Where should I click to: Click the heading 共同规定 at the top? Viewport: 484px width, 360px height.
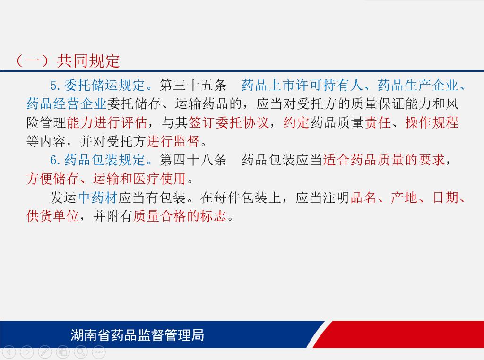click(88, 61)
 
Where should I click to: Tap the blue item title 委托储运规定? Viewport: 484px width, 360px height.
click(104, 85)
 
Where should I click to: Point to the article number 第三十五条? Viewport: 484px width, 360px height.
click(193, 85)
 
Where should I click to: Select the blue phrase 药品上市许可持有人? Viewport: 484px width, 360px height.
click(302, 85)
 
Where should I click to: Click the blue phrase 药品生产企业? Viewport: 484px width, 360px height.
click(418, 85)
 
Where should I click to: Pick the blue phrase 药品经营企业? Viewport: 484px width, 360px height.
click(66, 103)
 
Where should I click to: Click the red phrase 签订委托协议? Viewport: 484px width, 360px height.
click(228, 122)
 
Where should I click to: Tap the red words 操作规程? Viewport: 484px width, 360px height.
click(432, 122)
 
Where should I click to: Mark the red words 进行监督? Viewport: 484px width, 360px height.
click(173, 141)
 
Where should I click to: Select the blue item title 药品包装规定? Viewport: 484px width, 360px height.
click(104, 160)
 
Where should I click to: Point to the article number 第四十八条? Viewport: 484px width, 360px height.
click(193, 160)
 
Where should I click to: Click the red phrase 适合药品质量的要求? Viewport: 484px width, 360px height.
click(384, 160)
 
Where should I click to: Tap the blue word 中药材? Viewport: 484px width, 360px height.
click(98, 197)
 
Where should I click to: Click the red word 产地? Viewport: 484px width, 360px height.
click(404, 197)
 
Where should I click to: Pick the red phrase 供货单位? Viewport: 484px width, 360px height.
click(53, 216)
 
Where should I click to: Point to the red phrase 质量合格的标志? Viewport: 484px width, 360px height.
click(180, 216)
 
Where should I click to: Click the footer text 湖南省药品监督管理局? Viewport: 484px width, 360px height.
click(138, 335)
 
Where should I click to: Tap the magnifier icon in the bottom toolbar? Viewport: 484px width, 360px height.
click(81, 351)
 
